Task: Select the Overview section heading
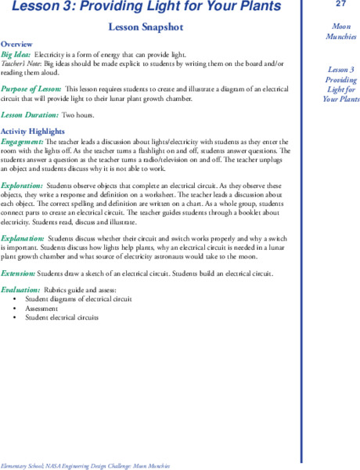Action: (x=17, y=44)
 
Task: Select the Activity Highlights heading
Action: (x=32, y=131)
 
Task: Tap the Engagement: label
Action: (x=21, y=140)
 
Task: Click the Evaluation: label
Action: (x=20, y=290)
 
